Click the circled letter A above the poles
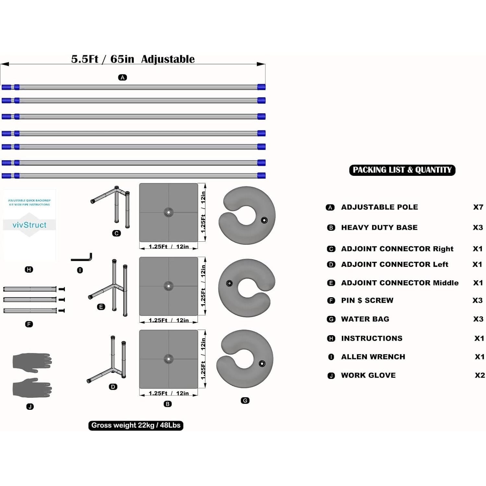point(122,78)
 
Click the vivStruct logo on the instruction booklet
point(30,225)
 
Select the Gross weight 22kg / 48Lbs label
point(136,425)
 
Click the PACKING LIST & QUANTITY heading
point(402,170)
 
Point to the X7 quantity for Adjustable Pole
point(478,207)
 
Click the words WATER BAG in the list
point(365,319)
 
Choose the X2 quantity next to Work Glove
point(480,375)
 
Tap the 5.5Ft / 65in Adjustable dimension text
point(133,59)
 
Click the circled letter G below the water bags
point(245,401)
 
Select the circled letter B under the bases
point(168,404)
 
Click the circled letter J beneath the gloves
point(30,407)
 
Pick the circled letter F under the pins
point(29,324)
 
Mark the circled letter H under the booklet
point(29,269)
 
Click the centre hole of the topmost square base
point(168,213)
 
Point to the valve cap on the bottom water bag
point(262,363)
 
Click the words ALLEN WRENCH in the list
point(373,357)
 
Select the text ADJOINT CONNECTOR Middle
point(400,283)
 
